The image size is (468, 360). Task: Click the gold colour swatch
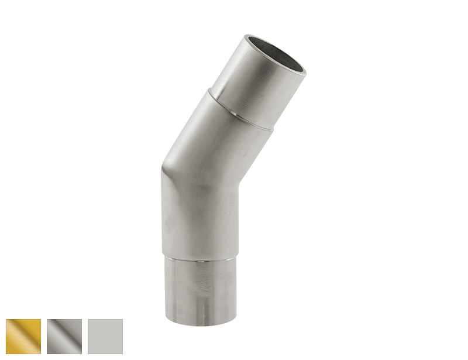[x=23, y=337]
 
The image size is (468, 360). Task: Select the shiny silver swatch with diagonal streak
[x=64, y=337]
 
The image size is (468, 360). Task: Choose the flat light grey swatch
[x=105, y=337]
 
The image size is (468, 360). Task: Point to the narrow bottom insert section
[x=199, y=290]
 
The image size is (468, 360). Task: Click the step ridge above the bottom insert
[x=199, y=256]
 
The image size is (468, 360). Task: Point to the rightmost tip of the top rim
[x=306, y=71]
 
